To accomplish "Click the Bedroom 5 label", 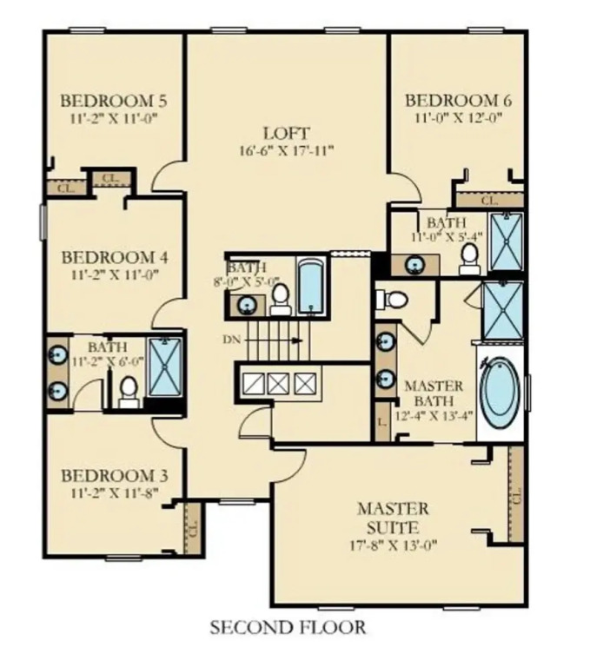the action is pos(114,102).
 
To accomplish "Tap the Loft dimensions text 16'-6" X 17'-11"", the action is pos(287,151).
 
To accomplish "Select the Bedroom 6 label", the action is pos(458,101).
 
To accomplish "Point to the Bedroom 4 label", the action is pos(115,258).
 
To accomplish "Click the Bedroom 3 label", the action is pos(115,476).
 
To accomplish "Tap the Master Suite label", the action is pos(393,518).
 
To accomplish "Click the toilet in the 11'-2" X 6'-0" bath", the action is pos(129,393).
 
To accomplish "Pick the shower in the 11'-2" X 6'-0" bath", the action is pos(165,367).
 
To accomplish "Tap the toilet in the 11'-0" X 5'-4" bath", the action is pos(470,259).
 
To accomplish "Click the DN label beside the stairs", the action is pos(232,340).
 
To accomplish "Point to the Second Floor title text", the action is pos(288,627).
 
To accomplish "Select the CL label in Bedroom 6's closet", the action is pos(489,200).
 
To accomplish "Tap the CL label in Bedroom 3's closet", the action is pos(193,528).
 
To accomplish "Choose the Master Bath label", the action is pos(434,393).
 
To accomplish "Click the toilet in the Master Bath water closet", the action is pos(392,299).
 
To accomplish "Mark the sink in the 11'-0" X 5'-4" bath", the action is pos(415,265).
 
